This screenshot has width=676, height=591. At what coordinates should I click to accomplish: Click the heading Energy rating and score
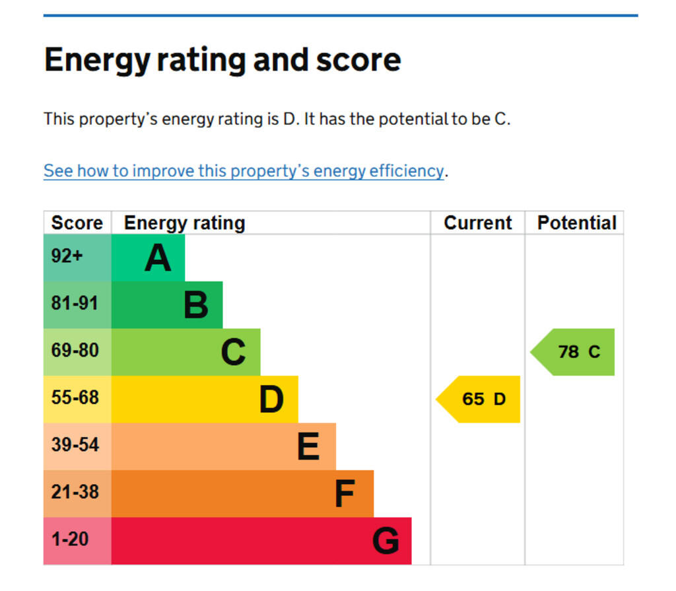222,60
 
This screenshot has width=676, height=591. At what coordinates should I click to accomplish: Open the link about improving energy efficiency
244,171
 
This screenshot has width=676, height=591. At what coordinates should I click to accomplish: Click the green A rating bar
148,258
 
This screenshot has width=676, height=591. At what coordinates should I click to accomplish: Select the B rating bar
167,305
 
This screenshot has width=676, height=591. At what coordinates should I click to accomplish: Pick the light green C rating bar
186,352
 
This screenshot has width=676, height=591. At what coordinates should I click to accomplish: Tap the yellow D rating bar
205,399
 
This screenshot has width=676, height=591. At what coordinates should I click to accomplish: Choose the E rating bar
223,446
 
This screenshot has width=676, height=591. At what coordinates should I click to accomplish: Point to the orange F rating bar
242,493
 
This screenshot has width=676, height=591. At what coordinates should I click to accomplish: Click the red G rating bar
261,541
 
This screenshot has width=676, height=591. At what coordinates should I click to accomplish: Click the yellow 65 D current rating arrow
480,399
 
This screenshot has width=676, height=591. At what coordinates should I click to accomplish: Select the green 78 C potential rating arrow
575,352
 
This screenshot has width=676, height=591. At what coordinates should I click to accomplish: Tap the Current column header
477,223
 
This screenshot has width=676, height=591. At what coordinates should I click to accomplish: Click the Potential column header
576,223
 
